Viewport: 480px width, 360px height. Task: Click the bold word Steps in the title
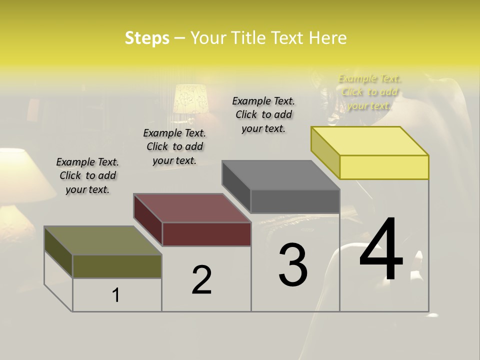point(147,38)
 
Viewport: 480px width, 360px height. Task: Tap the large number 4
point(381,250)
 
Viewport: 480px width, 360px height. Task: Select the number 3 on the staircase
point(293,265)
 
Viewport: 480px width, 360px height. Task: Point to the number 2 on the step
point(201,280)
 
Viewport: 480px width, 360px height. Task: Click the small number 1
point(115,295)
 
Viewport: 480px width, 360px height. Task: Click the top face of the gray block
point(281,175)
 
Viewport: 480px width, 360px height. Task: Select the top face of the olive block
point(103,240)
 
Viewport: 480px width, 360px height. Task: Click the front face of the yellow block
point(384,167)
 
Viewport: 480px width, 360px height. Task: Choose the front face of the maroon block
point(206,234)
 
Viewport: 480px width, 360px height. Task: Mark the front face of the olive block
point(117,266)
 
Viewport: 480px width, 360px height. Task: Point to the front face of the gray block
point(295,201)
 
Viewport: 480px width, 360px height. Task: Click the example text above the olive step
point(87,175)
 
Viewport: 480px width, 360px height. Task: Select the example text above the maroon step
point(174,146)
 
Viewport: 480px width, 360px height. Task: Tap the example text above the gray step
point(263,114)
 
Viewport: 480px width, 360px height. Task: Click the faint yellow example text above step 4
point(369,92)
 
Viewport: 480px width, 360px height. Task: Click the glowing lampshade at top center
point(190,98)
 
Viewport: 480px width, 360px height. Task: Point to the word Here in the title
point(328,38)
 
